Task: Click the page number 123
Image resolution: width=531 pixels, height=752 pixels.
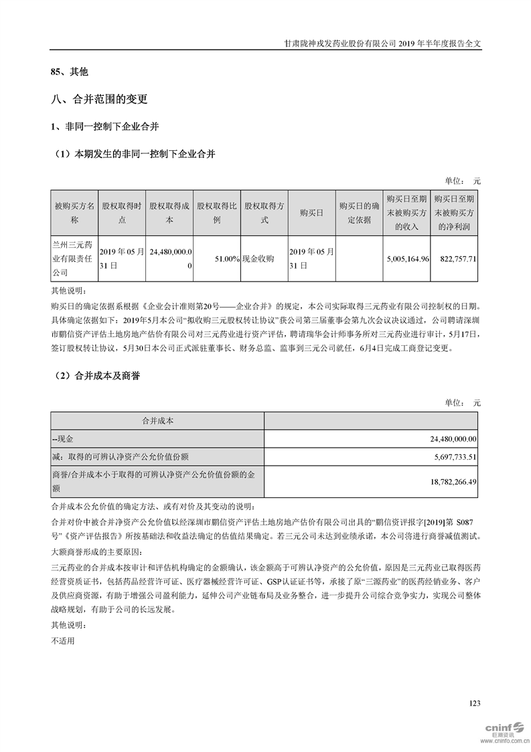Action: (475, 703)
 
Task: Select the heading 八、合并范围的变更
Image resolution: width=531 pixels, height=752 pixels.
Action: (99, 100)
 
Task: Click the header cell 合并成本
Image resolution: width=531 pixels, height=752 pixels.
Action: (158, 420)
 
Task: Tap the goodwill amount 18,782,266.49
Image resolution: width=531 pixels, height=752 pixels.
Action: (445, 481)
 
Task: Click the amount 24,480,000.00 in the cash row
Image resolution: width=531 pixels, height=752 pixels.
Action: (445, 438)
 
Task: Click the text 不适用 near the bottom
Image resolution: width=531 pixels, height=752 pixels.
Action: (63, 640)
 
